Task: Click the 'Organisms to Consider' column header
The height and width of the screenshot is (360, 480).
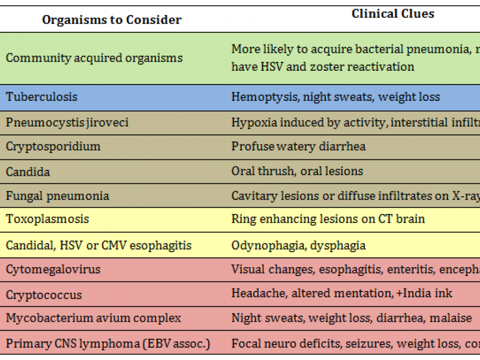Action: point(112,20)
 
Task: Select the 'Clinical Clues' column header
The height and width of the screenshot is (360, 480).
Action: point(392,14)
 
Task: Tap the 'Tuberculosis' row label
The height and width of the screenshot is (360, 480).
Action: point(41,97)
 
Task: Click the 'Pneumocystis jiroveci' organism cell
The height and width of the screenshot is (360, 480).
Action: point(67,122)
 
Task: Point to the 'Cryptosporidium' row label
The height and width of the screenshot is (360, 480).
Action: point(53,146)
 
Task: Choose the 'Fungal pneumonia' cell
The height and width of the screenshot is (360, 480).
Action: point(58,196)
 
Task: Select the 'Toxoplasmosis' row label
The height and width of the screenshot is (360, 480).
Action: point(47,219)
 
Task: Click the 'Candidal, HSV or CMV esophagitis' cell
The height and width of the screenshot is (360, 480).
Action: point(99,245)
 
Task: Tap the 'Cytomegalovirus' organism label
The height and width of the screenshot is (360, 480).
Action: point(53,269)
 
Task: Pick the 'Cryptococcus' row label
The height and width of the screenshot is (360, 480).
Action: point(44,295)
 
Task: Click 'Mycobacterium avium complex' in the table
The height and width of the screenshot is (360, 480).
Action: point(93,318)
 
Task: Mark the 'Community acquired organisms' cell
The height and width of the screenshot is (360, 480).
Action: point(94,58)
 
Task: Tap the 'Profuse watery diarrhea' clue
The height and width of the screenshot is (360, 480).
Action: point(298,146)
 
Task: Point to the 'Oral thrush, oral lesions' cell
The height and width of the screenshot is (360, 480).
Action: point(297,171)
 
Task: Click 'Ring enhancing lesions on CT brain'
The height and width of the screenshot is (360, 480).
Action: point(328,219)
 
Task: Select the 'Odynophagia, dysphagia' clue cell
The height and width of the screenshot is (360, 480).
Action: point(298,245)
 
